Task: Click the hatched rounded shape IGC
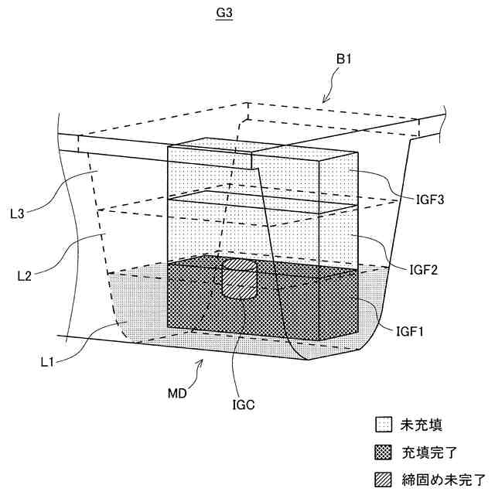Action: click(x=239, y=280)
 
